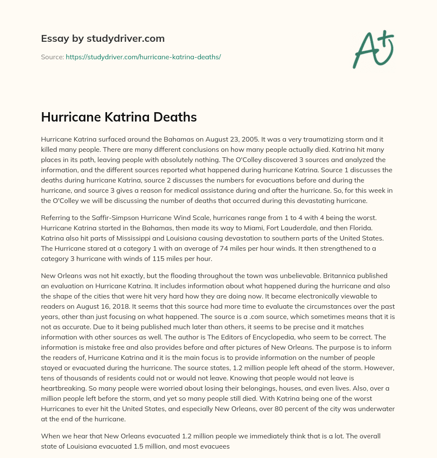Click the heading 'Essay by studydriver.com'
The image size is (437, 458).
102,38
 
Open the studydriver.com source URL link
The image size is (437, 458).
143,57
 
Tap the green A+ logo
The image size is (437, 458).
373,49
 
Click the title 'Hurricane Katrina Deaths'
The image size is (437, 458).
119,117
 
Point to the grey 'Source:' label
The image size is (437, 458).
52,57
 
